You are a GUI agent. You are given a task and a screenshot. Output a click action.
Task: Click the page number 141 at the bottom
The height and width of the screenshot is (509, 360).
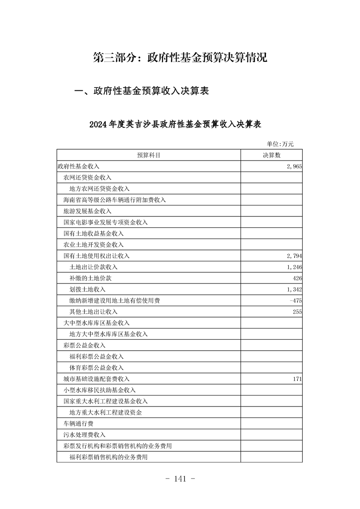tap(180, 479)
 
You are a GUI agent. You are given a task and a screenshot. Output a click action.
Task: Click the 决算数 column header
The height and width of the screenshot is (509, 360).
tap(271, 155)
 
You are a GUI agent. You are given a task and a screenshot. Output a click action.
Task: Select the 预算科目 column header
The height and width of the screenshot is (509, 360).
tap(148, 155)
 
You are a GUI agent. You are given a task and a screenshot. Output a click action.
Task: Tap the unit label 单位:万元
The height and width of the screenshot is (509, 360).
tap(280, 144)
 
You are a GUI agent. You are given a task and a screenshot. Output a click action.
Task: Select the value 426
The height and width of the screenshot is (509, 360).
tap(297, 278)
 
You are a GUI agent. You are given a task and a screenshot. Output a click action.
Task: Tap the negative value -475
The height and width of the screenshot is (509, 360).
tap(296, 300)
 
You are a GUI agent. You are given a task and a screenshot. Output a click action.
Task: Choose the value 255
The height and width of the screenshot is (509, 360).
tap(297, 312)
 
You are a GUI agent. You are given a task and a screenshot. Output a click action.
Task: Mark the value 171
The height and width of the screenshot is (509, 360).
tap(297, 379)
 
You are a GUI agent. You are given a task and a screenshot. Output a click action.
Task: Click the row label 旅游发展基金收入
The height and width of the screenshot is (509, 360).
tap(87, 211)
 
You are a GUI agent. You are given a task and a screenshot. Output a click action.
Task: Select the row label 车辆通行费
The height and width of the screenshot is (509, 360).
tap(78, 423)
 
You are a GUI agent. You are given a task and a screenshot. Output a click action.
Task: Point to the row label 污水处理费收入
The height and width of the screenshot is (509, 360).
tap(84, 435)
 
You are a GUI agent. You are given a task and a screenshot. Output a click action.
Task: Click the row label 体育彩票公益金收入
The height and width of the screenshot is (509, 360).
tap(96, 367)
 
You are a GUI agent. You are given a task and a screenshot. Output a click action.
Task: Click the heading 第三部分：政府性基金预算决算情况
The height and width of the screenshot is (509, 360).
tap(180, 58)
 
